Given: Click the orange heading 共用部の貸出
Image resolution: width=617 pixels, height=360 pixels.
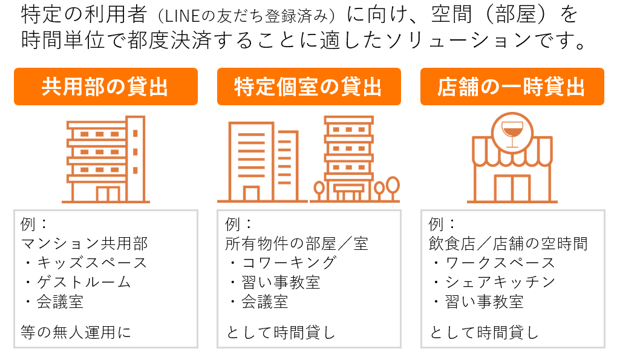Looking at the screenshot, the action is pyautogui.click(x=105, y=87).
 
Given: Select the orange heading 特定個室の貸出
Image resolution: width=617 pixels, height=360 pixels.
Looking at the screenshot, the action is pyautogui.click(x=308, y=87).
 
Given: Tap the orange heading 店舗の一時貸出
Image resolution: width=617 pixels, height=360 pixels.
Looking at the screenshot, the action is pyautogui.click(x=512, y=87).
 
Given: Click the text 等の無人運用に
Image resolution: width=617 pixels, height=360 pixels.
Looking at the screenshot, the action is pyautogui.click(x=75, y=332).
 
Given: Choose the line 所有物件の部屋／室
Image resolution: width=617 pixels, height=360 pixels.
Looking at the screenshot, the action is pyautogui.click(x=296, y=244).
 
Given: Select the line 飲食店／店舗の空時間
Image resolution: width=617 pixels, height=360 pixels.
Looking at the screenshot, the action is pyautogui.click(x=508, y=244).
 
